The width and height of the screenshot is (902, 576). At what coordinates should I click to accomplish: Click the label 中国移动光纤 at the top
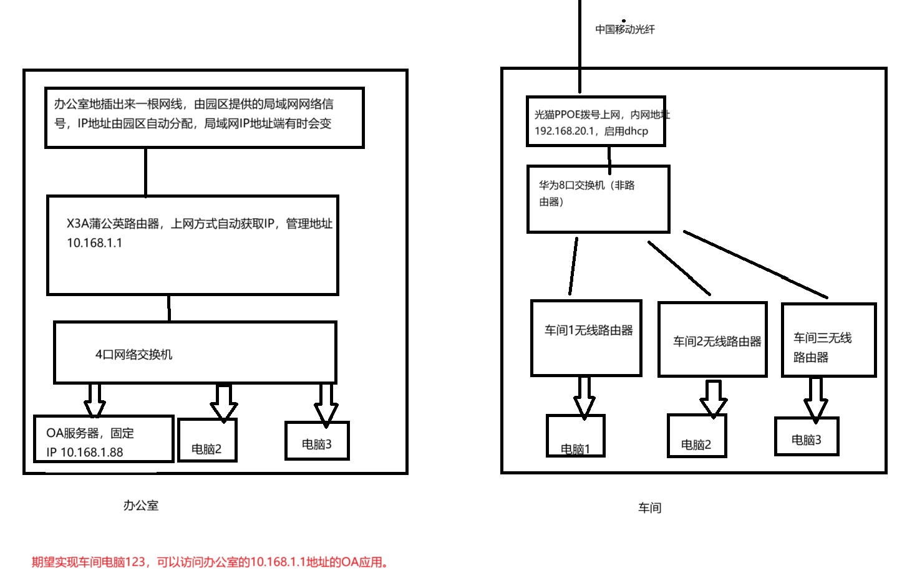pos(624,29)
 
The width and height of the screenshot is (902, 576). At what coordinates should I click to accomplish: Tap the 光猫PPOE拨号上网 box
pos(596,122)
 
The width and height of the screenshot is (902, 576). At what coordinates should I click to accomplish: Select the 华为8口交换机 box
pos(598,199)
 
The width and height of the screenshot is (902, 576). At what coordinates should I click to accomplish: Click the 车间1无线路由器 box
pos(586,338)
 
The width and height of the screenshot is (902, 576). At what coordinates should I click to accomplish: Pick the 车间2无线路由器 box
pos(712,340)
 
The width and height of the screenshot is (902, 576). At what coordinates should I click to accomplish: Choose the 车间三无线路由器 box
pos(828,340)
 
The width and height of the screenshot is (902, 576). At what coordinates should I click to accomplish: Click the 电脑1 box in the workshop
pos(575,436)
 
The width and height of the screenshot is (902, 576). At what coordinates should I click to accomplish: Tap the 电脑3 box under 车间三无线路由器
pos(806,436)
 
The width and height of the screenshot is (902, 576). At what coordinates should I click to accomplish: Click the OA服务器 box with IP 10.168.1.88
pos(103,439)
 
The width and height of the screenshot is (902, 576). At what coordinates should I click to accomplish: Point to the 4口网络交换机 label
pos(133,355)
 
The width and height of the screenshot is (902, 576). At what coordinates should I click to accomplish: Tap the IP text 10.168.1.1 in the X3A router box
pos(95,243)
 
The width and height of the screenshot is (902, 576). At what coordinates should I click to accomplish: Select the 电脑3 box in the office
pos(316,441)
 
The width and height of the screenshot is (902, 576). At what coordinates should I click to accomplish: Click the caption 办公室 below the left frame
pos(141,506)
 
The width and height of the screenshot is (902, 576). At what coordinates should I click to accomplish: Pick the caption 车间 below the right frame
pos(649,508)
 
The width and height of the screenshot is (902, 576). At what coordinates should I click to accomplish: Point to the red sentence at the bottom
pos(211,562)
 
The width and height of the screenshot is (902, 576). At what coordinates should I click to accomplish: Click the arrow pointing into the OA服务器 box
pos(95,400)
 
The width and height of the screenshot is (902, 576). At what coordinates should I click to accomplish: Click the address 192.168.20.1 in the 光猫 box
pos(565,132)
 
